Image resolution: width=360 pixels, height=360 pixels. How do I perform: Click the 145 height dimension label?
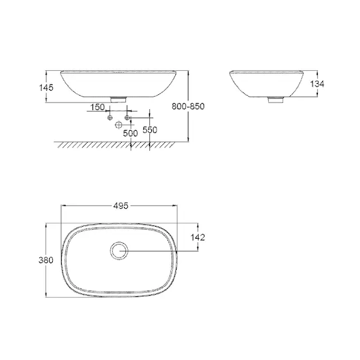pos(46,88)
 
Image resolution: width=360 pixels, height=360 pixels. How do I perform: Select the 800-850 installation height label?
pos(188,106)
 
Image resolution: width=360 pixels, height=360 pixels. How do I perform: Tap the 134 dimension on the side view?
pos(317,84)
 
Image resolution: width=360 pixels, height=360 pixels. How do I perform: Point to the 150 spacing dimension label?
pos(97,107)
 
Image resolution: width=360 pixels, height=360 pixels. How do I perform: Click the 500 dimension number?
pos(130,133)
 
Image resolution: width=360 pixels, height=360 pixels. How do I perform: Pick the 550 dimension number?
pos(150,130)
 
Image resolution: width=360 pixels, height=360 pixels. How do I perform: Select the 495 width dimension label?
pos(121,206)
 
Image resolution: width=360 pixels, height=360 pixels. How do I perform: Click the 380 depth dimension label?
pos(46,260)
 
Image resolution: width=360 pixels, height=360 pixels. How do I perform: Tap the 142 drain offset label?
pos(197,237)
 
